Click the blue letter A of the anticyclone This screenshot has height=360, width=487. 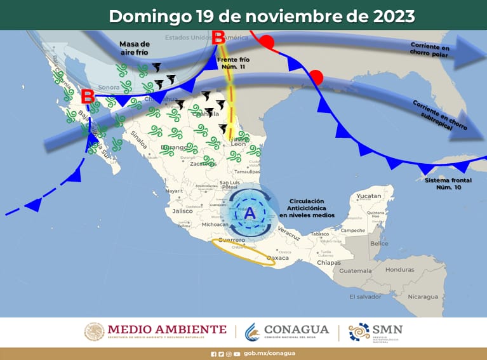pos(250,213)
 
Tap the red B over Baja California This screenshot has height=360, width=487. pos(88,97)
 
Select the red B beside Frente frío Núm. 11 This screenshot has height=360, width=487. pos(218,38)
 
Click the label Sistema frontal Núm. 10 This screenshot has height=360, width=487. pos(450,184)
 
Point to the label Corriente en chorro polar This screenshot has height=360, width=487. pos(430,50)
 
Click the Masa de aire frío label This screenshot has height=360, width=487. pos(134,48)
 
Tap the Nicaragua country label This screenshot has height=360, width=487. pos(422,297)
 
